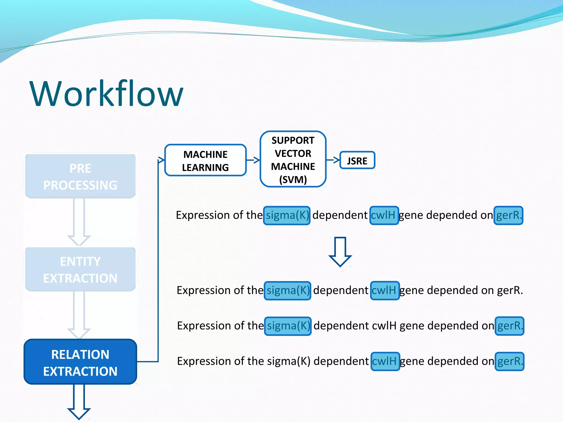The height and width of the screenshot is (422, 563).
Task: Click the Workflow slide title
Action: coord(106,93)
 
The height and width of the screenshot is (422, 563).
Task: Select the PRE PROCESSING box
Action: coord(80,176)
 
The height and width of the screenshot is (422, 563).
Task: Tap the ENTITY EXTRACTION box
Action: coord(80,270)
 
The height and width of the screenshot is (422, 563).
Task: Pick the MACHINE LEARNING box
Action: coord(205,160)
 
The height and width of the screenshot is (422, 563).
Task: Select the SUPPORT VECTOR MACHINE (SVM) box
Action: coord(293,160)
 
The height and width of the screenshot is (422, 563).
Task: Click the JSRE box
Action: coord(357,160)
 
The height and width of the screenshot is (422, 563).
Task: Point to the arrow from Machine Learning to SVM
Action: coord(253,160)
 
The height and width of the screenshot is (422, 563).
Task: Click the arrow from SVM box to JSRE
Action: coord(333,160)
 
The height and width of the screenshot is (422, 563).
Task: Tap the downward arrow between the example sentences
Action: coord(340,251)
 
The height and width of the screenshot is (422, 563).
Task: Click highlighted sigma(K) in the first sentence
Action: coord(287,215)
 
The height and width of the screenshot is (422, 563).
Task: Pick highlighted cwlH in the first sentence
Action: coord(384,215)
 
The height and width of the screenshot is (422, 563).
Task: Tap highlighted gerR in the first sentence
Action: coord(508,215)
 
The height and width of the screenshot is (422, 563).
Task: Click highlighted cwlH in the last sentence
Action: coord(385,361)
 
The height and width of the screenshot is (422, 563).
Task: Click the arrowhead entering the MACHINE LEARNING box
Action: coord(161,160)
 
